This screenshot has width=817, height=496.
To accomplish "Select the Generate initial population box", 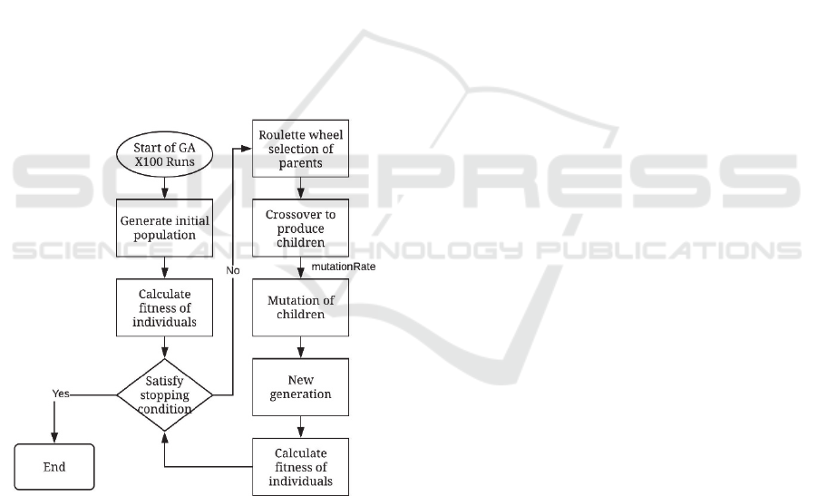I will (163, 227).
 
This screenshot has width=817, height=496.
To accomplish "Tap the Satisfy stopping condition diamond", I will (164, 395).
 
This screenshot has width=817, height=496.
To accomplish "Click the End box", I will (54, 467).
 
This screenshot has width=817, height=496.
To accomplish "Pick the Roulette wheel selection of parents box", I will (299, 151).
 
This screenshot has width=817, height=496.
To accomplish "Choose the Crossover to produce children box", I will (299, 227).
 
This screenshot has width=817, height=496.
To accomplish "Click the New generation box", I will (299, 387).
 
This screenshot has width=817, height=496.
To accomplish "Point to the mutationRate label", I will (343, 267).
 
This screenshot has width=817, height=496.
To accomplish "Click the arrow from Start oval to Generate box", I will (163, 188).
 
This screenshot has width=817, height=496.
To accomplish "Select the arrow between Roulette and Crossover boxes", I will (299, 188).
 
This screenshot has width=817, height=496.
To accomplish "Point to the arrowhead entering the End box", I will (54, 439).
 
